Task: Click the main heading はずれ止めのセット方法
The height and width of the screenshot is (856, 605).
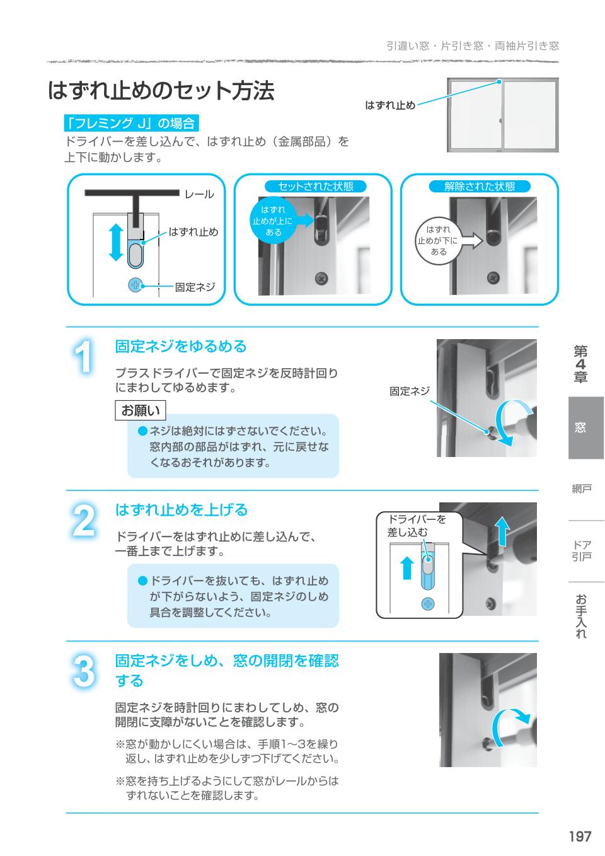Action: tap(161, 91)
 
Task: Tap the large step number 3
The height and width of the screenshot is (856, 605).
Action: tap(84, 672)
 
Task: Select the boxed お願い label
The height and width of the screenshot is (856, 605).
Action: tap(141, 410)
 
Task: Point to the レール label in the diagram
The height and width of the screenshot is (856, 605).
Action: tap(199, 195)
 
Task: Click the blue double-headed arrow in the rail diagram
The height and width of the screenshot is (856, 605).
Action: tap(115, 241)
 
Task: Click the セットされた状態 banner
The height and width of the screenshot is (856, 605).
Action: tap(316, 187)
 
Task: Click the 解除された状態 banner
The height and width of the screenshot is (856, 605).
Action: tap(480, 187)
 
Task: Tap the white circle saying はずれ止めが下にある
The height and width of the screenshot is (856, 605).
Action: tap(438, 240)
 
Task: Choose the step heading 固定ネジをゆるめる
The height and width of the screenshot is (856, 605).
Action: tap(181, 346)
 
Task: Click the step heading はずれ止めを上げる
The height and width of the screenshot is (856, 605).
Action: tap(181, 509)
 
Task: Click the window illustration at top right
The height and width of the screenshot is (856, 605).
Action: tap(502, 115)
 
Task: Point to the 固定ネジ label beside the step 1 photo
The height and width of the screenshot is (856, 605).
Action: tap(410, 391)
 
